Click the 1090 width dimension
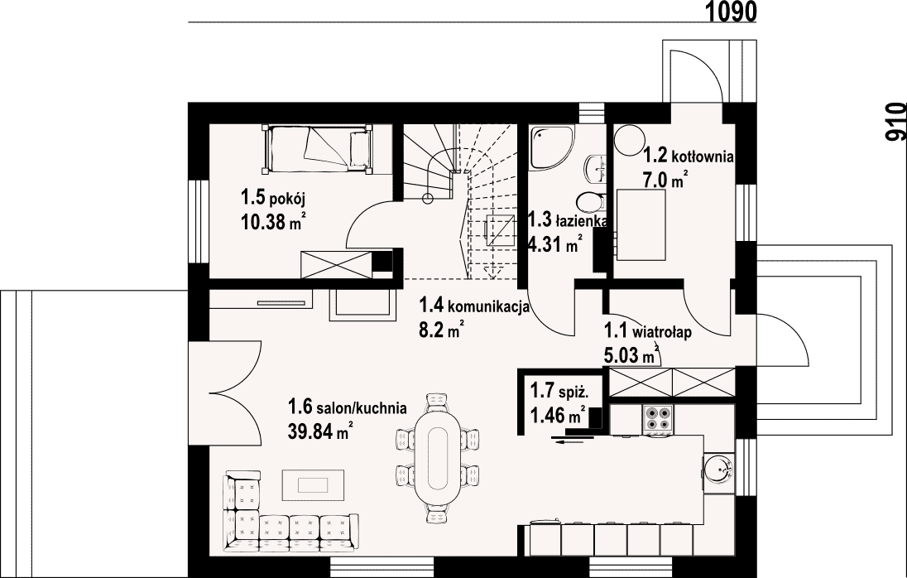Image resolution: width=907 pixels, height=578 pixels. click(x=732, y=11)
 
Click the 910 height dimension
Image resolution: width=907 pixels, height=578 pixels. click(x=895, y=121)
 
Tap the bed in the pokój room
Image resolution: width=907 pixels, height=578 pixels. click(x=318, y=149)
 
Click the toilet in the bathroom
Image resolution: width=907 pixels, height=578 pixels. click(x=591, y=201)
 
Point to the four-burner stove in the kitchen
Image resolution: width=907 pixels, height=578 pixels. click(x=659, y=420)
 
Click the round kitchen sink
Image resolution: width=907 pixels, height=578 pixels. click(x=717, y=469)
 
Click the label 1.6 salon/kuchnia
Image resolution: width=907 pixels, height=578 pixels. click(x=347, y=407)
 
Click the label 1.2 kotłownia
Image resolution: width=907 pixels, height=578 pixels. click(x=689, y=156)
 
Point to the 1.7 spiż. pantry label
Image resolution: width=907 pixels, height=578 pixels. click(x=559, y=392)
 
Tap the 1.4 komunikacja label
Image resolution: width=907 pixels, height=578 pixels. click(x=474, y=305)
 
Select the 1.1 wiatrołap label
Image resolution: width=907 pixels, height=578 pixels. click(x=648, y=332)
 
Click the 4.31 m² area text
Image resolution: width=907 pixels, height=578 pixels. click(x=554, y=245)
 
